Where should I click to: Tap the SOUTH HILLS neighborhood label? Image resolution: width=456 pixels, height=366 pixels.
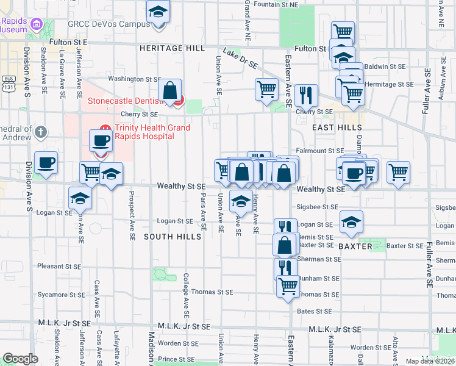coord(172,236)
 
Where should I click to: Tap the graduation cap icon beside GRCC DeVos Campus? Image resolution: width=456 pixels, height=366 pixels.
coord(159,12)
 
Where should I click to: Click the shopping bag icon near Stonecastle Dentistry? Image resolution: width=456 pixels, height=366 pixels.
coord(170,91)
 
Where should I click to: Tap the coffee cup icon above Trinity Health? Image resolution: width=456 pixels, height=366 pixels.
coord(101,140)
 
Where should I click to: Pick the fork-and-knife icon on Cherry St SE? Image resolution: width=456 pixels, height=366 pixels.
coord(306,95)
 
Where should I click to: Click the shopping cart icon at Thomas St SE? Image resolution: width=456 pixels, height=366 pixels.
coord(288,285)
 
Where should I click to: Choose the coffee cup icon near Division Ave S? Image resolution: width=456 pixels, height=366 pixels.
coord(46,162)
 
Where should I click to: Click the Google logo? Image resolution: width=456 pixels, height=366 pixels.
coord(20,359)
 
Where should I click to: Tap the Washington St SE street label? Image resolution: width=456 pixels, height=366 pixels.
coord(134,79)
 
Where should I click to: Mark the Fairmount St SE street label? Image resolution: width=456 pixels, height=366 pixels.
coord(321,151)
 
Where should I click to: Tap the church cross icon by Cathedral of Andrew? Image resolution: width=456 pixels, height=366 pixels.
coord(40,131)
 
